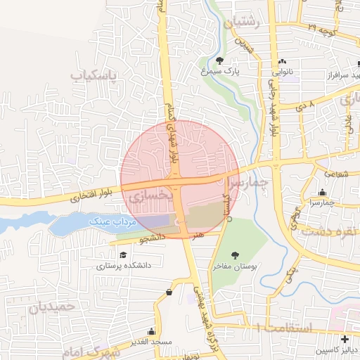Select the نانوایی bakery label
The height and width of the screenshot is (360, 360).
tap(283, 71)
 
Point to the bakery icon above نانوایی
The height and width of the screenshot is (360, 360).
tap(283, 61)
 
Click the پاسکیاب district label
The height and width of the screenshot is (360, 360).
tap(95, 74)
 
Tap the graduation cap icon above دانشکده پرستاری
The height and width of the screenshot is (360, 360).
tap(123, 255)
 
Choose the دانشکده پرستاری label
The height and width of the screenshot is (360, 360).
tap(122, 266)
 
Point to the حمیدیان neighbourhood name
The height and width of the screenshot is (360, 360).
tap(52, 307)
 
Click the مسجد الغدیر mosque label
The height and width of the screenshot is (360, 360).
tap(150, 342)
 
